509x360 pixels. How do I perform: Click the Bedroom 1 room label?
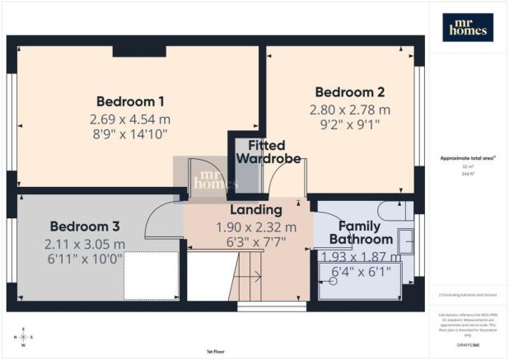[130, 101]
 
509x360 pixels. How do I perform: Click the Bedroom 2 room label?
[339, 92]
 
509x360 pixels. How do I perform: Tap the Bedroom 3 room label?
[84, 226]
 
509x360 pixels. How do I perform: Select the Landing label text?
[255, 210]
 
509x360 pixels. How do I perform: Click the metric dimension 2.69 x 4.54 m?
[130, 119]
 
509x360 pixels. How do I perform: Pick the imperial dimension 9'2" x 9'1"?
[339, 126]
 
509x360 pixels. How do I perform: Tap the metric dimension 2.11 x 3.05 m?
[84, 244]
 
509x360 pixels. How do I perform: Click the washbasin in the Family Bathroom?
[405, 241]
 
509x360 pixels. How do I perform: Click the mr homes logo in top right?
[468, 28]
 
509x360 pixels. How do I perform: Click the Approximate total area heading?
[466, 158]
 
